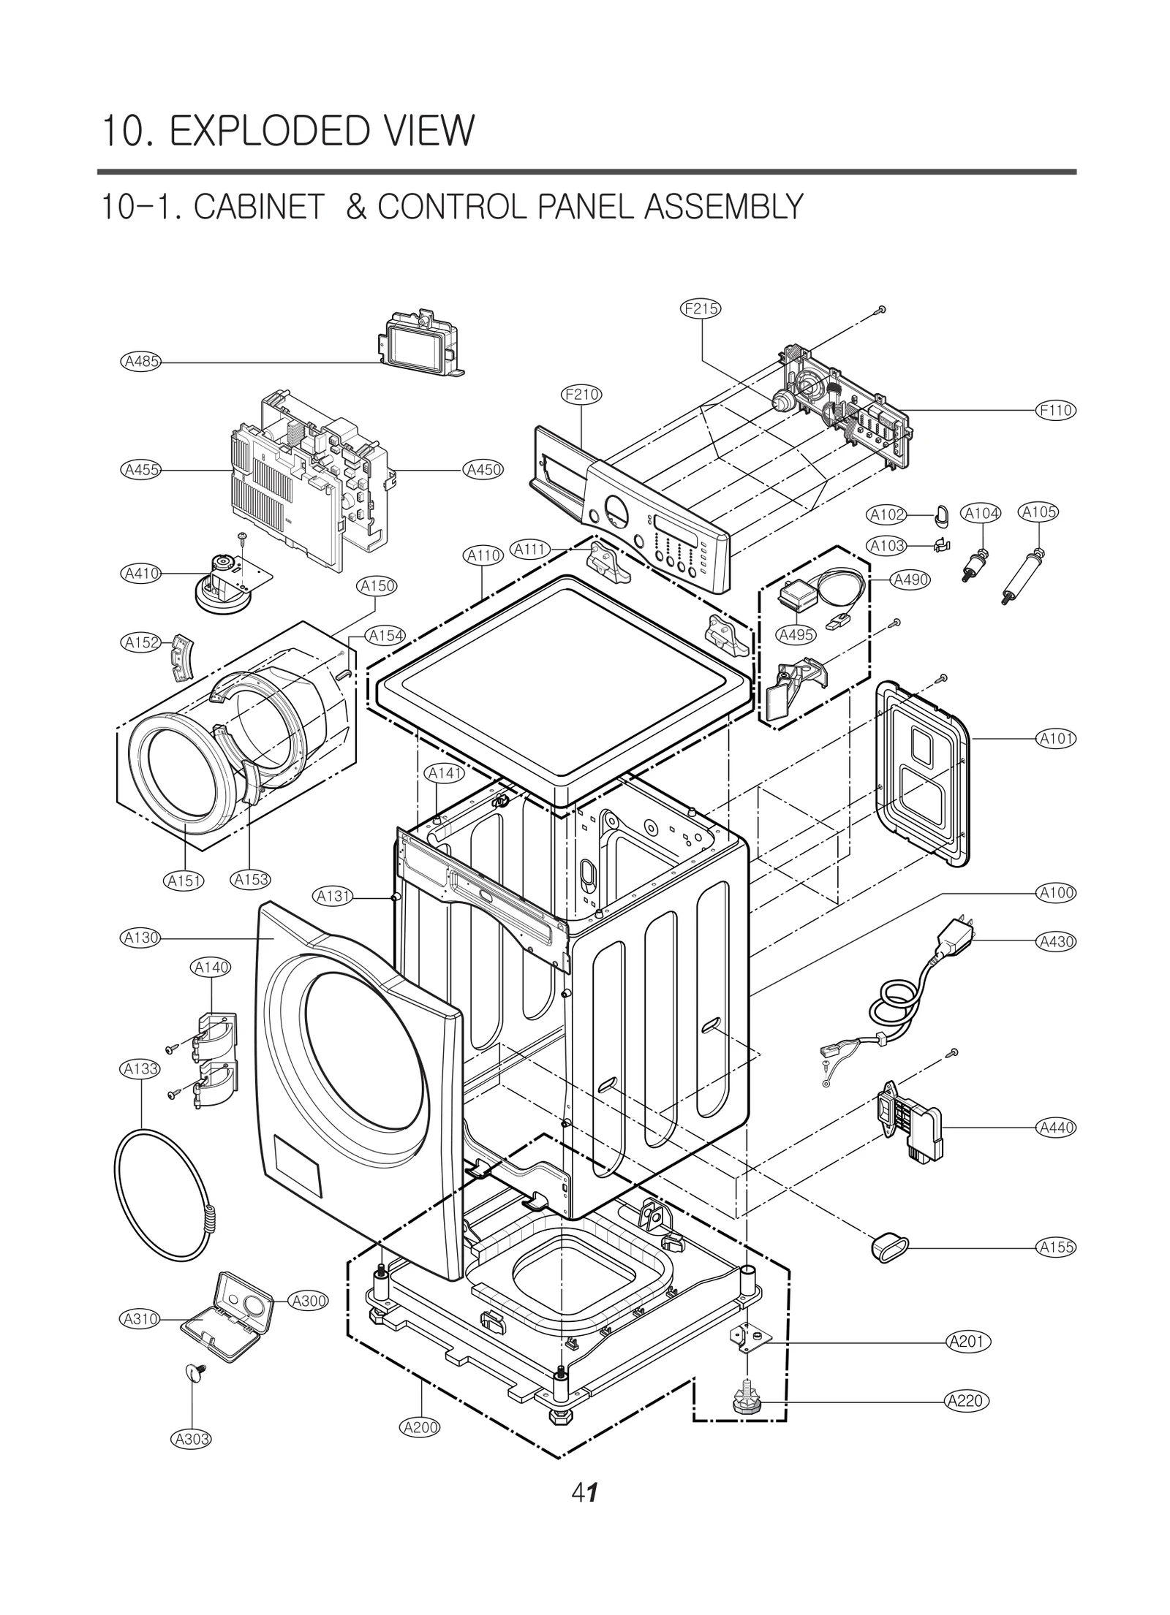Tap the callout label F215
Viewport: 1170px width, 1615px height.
701,308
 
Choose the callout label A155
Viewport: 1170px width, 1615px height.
1057,1247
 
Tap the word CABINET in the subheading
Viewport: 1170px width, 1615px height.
259,208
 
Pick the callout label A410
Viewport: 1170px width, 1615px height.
140,573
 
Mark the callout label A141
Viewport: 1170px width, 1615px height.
445,773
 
